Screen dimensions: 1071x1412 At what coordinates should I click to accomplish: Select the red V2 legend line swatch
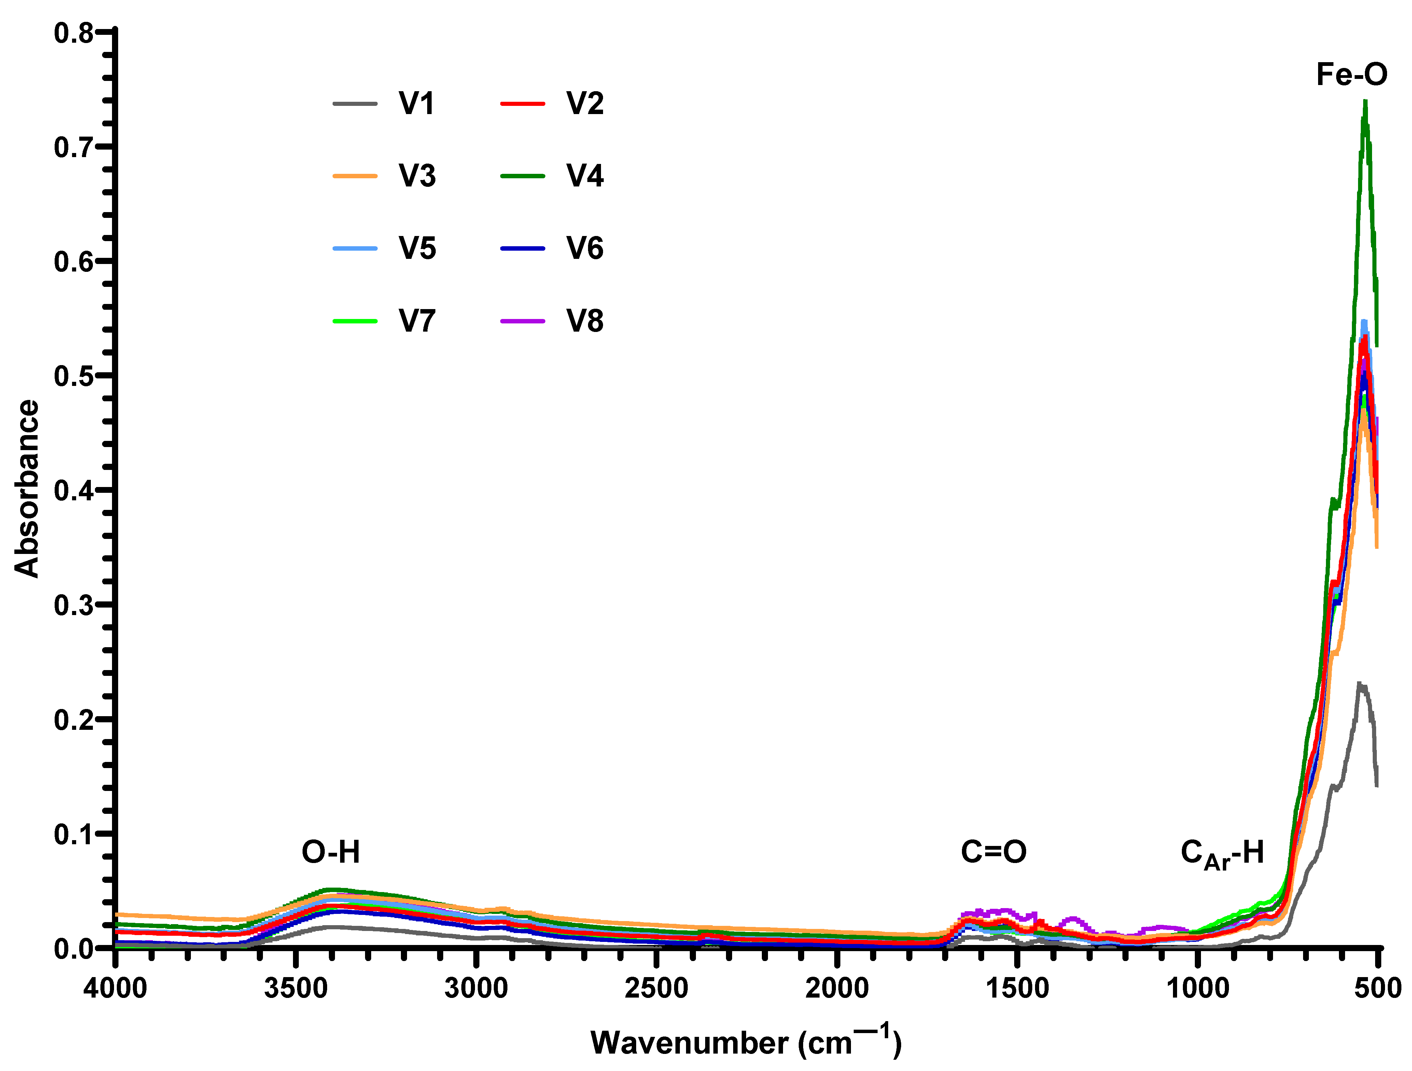pyautogui.click(x=522, y=103)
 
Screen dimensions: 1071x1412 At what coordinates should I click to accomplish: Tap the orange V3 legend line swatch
pyautogui.click(x=355, y=176)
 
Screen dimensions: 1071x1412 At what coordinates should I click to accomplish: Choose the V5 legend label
pyautogui.click(x=417, y=248)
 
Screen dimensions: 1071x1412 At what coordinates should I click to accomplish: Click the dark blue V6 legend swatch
pyautogui.click(x=522, y=248)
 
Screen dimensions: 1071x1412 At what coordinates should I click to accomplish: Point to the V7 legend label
pyautogui.click(x=417, y=320)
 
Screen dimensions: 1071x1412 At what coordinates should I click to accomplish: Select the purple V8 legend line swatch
pyautogui.click(x=522, y=320)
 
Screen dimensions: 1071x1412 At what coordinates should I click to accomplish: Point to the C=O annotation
pyautogui.click(x=994, y=851)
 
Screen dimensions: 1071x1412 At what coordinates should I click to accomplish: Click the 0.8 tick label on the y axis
pyautogui.click(x=73, y=33)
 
